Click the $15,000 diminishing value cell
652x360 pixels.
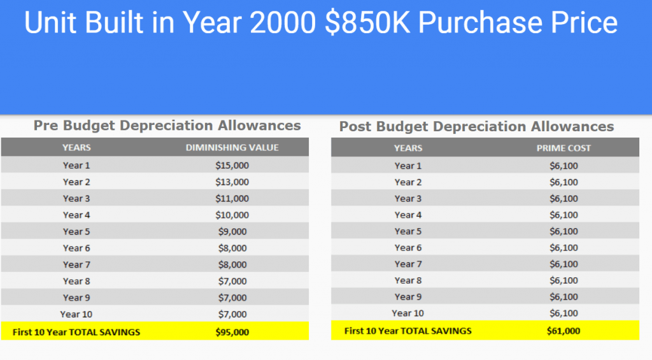point(232,165)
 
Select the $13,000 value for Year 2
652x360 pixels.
point(232,182)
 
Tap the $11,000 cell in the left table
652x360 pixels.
point(232,198)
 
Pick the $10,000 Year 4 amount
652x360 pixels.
point(232,215)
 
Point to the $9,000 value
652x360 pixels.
point(232,231)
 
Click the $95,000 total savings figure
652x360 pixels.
point(232,331)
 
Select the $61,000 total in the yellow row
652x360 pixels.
point(563,331)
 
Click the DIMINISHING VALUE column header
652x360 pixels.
point(232,148)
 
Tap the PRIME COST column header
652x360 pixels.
point(563,148)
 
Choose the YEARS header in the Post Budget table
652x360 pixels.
point(408,148)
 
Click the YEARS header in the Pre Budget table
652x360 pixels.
point(76,148)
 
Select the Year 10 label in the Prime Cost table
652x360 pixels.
point(407,313)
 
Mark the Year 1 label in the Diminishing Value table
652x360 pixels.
point(76,165)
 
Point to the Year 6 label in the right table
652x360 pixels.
point(408,248)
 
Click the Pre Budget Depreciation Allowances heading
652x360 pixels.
point(167,126)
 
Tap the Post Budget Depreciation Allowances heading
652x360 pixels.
point(476,126)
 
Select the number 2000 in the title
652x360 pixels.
point(281,24)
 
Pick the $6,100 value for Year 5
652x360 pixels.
point(563,231)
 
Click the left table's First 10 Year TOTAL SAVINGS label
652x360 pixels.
point(76,331)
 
